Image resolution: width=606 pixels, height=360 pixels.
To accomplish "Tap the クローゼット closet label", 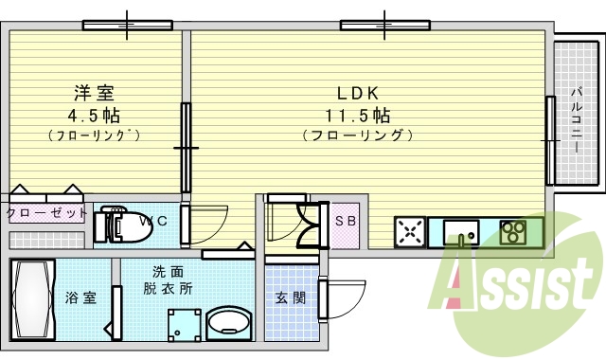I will pyautogui.click(x=46, y=213).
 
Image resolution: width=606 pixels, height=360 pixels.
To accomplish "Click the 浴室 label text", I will pyautogui.click(x=80, y=297).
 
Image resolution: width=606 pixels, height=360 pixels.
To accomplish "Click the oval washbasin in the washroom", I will pyautogui.click(x=226, y=323).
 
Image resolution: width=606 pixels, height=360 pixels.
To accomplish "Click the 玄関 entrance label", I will pyautogui.click(x=290, y=297).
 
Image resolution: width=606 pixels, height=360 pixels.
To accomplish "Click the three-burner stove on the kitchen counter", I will pyautogui.click(x=512, y=231).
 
